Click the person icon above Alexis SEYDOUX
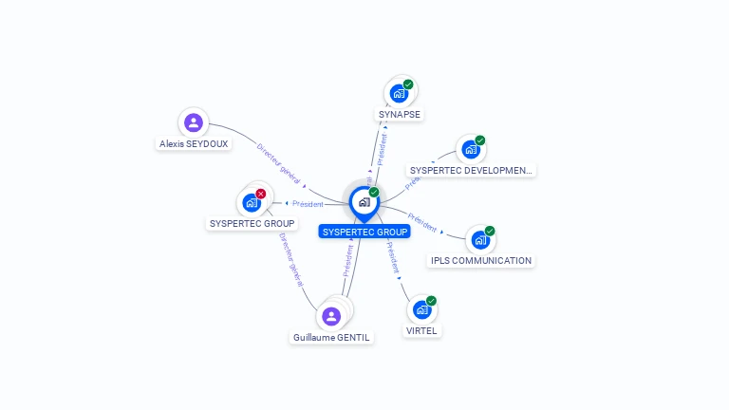[194, 121]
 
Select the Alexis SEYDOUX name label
[194, 144]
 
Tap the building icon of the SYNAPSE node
[399, 93]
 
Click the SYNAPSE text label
[400, 114]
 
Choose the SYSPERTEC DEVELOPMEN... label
[472, 171]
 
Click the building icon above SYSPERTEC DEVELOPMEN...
[470, 149]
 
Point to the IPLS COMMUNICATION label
[481, 260]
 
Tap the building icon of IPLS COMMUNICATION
[480, 239]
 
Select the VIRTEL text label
[421, 331]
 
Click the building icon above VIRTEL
[421, 309]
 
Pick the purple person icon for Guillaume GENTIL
[331, 316]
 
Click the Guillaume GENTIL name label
[331, 337]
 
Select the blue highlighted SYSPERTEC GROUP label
[364, 232]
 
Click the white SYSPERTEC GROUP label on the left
[252, 224]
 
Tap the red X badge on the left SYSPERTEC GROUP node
[261, 194]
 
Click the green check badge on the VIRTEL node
[432, 301]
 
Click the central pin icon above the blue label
[364, 202]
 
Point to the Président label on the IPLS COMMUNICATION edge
[422, 222]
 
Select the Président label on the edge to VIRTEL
[392, 256]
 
